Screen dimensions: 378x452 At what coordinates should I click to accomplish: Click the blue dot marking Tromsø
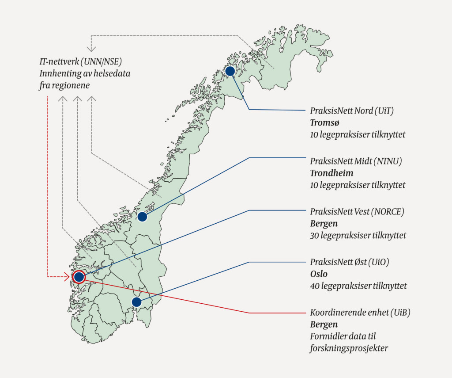pos(230,71)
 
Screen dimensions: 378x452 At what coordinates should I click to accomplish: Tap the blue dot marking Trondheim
pos(142,217)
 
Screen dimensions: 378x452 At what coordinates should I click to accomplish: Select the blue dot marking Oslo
pos(136,302)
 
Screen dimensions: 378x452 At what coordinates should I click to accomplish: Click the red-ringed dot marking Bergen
pos(79,277)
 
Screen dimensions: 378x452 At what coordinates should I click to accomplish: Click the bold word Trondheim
pos(331,173)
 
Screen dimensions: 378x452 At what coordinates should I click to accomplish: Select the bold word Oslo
pos(319,274)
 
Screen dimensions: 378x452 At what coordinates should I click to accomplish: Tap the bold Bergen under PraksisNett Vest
pos(324,224)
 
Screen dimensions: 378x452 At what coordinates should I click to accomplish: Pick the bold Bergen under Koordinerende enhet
pos(324,325)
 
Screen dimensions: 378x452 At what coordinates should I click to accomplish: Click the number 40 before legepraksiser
pos(315,286)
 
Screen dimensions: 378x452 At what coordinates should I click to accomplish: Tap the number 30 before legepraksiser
pos(315,236)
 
